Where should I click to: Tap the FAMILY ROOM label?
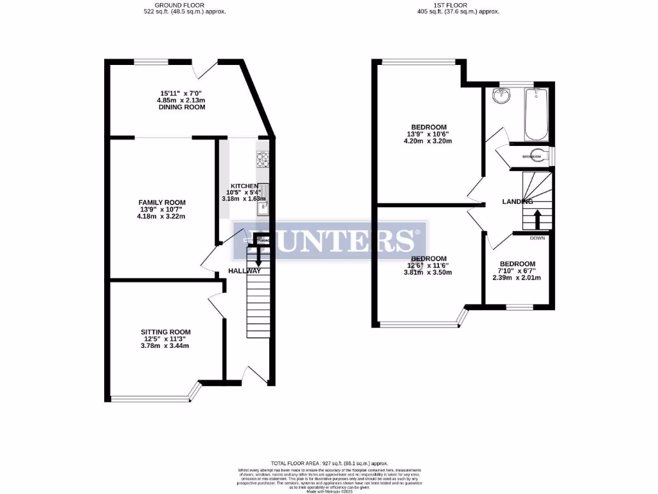162,202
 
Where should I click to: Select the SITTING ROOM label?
166,332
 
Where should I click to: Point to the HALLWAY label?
245,271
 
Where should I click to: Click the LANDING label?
517,202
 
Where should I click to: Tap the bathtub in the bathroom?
536,114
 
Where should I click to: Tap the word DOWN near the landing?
537,238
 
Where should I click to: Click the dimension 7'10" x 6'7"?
517,271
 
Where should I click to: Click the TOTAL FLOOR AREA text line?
329,463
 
